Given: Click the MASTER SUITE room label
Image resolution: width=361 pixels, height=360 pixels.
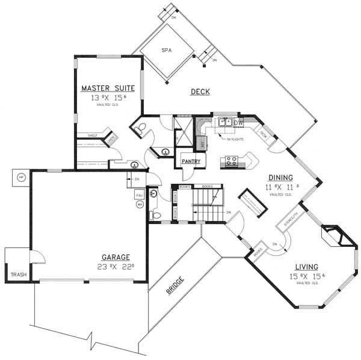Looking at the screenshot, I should (x=108, y=88).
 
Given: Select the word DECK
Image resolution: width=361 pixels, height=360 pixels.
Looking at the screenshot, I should (x=200, y=92).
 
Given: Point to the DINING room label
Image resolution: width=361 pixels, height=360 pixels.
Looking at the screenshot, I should (x=280, y=178).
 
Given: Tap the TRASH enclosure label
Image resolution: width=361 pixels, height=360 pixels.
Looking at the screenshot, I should (x=17, y=275).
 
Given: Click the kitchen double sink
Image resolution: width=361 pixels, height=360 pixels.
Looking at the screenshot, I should (x=225, y=121).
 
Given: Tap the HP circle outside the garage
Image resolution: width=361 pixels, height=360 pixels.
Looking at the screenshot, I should (x=21, y=178).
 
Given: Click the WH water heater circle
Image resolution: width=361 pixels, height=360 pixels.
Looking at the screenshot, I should (x=140, y=205).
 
